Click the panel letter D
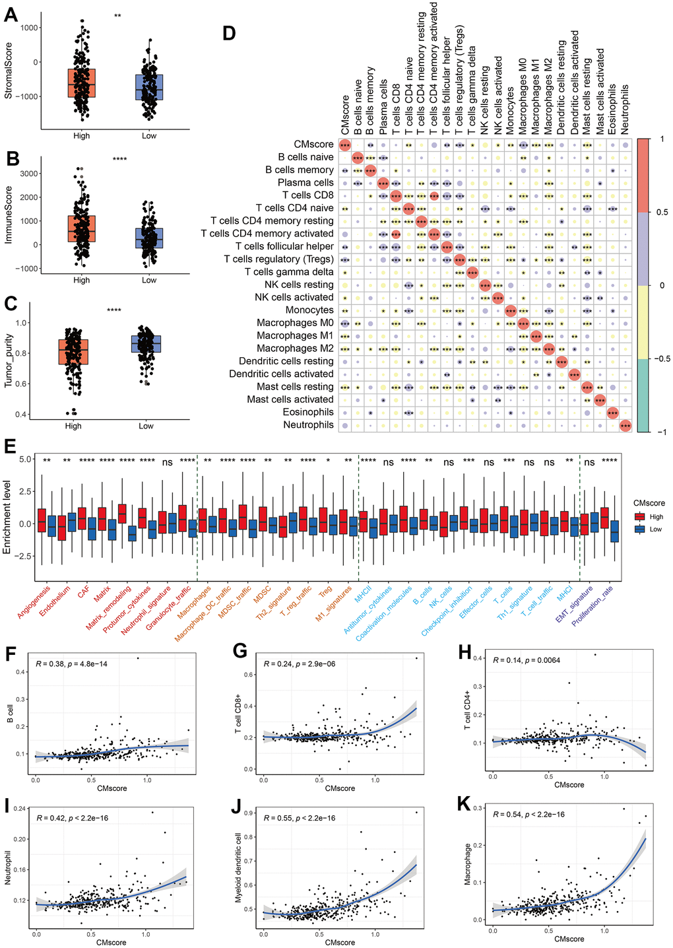(x=229, y=33)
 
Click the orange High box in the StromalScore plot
(x=82, y=83)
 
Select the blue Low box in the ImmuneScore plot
(x=149, y=238)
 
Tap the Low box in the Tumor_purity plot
(x=146, y=344)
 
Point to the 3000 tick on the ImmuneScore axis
(x=29, y=174)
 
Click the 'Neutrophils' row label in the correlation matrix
(x=309, y=425)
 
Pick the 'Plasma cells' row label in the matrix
(x=305, y=183)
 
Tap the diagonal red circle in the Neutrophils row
(x=625, y=426)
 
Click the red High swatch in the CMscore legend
(x=639, y=517)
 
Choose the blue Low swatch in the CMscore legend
(x=639, y=529)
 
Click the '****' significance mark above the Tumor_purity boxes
(x=114, y=310)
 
